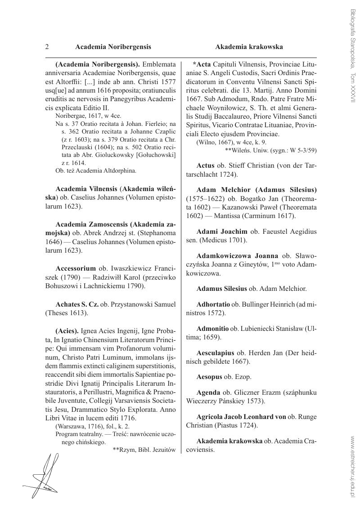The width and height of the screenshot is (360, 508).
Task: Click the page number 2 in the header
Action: point(47,47)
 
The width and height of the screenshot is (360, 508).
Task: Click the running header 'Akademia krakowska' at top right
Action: point(249,47)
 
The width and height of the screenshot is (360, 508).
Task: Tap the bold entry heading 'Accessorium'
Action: point(76,268)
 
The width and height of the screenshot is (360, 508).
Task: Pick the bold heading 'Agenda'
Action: point(208,392)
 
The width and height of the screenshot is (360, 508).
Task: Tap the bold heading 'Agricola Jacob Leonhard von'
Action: point(241,417)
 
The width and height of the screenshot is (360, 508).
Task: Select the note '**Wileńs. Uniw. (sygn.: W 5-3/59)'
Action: point(271,150)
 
